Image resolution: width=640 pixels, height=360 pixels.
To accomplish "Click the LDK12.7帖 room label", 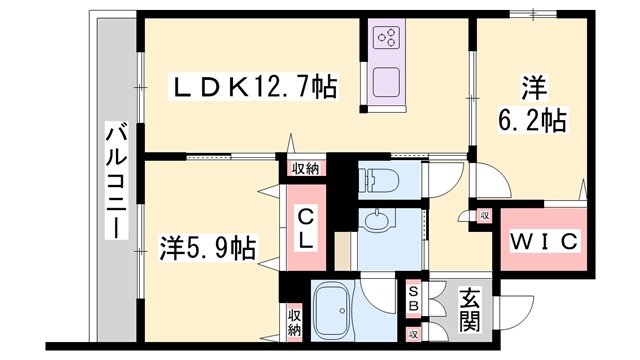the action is pos(256,88).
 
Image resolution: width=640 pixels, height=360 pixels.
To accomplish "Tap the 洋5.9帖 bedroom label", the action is pos(208,246).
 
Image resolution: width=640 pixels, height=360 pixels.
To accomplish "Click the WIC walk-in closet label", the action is pos(544,242).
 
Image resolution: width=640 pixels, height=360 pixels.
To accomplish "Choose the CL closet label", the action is pos(306,227).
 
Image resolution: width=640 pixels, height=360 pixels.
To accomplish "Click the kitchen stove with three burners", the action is pos(387,38).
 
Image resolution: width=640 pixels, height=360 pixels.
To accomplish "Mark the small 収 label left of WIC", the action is pos(485,216).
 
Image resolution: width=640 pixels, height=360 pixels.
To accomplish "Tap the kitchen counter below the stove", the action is pos(386,78).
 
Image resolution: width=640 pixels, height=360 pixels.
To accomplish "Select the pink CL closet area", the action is pos(305,240).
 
